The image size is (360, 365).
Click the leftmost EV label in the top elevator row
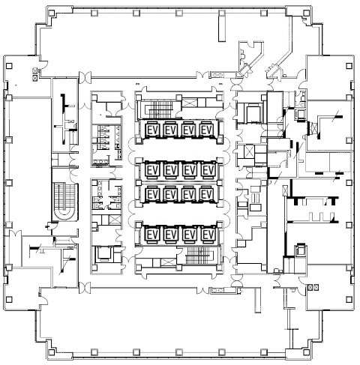click(152, 130)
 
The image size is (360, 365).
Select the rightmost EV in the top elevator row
click(207, 130)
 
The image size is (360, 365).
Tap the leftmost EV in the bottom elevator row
click(152, 235)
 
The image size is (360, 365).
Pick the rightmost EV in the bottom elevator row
click(207, 235)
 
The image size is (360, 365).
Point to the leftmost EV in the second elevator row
click(152, 170)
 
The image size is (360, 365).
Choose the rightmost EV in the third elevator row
click(207, 194)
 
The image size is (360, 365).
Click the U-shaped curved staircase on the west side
click(64, 202)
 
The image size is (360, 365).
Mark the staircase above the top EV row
click(158, 109)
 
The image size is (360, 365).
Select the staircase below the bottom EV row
click(200, 256)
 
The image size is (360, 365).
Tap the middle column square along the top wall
click(178, 13)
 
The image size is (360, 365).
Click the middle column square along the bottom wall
click(178, 352)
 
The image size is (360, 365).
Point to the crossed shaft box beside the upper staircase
click(190, 103)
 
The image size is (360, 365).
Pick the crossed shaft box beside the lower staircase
click(169, 262)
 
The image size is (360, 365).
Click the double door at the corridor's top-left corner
click(85, 77)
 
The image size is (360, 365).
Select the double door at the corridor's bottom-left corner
click(85, 288)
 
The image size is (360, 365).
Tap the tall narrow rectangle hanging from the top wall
click(222, 26)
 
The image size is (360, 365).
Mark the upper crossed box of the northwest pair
click(35, 70)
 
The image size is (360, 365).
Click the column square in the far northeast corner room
click(349, 66)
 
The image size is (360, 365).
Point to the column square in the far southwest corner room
click(9, 299)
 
